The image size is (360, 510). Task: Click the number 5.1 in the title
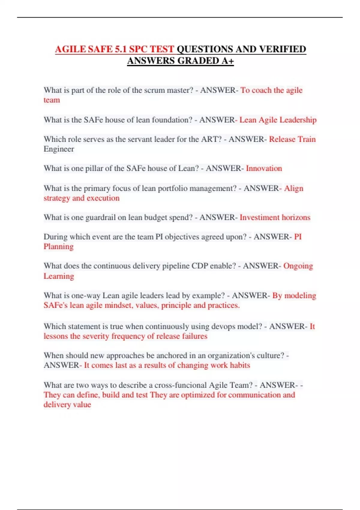click(121, 49)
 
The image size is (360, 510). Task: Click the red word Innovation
click(264, 168)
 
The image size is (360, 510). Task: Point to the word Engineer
click(59, 149)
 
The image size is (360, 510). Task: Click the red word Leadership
click(298, 120)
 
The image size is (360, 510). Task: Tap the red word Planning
click(58, 247)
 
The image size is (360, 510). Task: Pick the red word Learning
click(59, 276)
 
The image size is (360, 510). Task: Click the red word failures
click(194, 336)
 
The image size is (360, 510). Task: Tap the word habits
click(240, 365)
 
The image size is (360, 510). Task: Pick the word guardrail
click(100, 217)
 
